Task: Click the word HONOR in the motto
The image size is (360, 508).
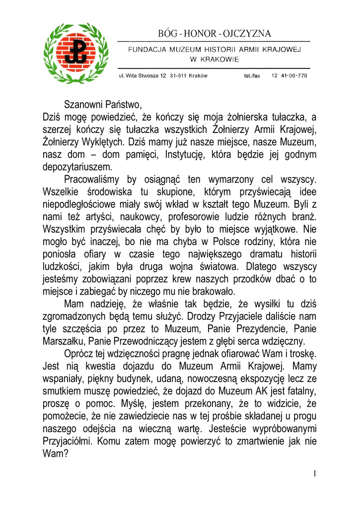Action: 200,33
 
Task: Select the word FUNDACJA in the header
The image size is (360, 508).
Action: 145,50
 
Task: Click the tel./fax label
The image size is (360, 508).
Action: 252,76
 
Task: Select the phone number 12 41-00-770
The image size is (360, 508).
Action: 289,76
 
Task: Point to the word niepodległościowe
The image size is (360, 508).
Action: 77,204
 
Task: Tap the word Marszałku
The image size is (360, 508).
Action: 64,341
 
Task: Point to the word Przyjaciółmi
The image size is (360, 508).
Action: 71,440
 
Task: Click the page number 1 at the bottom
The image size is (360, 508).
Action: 315,474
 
